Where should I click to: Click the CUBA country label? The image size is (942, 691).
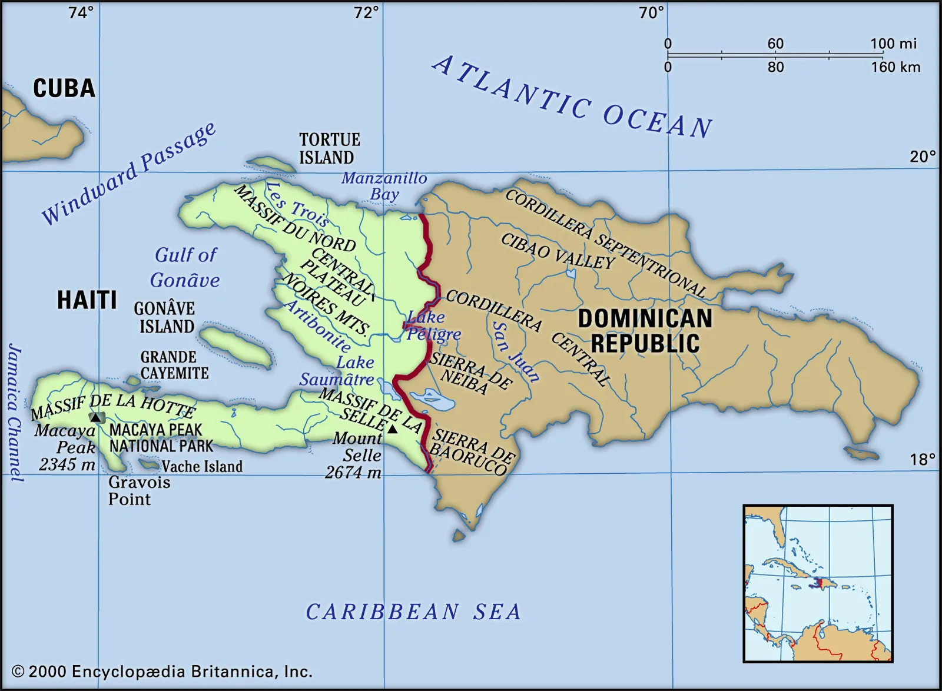[x=64, y=89]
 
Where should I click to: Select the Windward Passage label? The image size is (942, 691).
[x=129, y=174]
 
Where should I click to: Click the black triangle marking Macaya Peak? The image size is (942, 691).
[x=95, y=417]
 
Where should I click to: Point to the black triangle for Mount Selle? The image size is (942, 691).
[x=392, y=429]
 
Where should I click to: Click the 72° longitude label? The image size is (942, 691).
[x=366, y=12]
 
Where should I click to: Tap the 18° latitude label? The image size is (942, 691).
[x=922, y=459]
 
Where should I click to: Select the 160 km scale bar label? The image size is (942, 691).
[x=895, y=67]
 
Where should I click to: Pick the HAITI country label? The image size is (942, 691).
[x=87, y=300]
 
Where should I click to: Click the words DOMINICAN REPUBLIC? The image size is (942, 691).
[x=645, y=331]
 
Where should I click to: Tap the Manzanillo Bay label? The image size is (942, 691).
[x=384, y=186]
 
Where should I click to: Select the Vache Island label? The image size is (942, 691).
[x=202, y=467]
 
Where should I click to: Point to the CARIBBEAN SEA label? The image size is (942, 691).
[x=413, y=612]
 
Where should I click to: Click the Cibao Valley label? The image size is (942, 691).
[x=557, y=252]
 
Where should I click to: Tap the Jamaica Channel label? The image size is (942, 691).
[x=14, y=412]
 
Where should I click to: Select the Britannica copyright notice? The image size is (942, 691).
[x=162, y=672]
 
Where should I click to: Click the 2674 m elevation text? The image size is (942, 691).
[x=353, y=472]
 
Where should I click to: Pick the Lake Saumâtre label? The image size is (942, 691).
[x=337, y=371]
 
